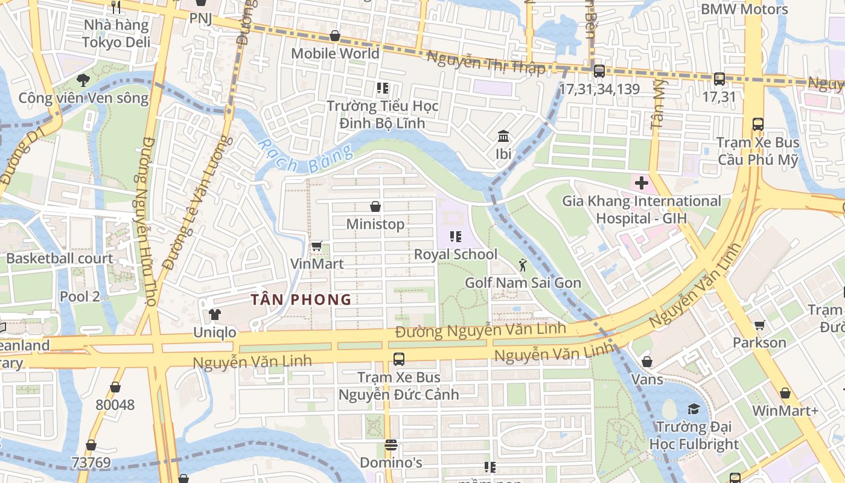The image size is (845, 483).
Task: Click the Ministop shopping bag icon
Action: pos(375,206)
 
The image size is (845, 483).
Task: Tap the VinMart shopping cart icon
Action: pos(316,246)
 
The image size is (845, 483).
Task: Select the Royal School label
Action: pos(455,254)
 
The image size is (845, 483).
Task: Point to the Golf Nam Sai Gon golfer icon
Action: pos(523,264)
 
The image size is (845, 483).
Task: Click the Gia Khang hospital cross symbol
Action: pos(641,182)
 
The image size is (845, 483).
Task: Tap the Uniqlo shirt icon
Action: pos(214,314)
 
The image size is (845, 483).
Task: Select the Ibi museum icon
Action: pos(503,136)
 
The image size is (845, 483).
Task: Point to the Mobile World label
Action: pos(335,53)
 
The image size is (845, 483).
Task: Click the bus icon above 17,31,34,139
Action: pos(599,71)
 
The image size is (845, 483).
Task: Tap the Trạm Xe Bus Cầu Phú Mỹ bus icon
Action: pos(757,124)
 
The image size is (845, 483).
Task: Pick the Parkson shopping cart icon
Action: pos(759,325)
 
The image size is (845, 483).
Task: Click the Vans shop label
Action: pos(647,379)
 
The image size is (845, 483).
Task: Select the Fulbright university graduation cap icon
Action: pos(694,409)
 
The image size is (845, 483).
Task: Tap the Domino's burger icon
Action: pos(391,445)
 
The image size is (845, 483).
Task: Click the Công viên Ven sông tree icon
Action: pos(83,80)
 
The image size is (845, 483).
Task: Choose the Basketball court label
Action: pos(60,258)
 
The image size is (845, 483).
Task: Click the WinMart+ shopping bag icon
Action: pos(785,393)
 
